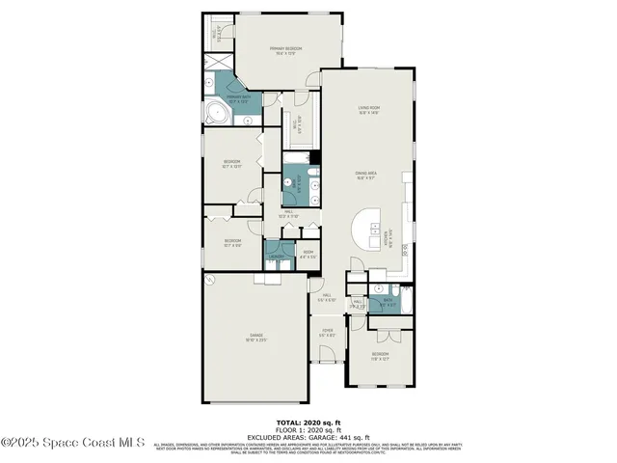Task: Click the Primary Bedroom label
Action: pos(286,47)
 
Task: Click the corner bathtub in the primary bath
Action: pos(217,116)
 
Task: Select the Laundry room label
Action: pos(278,256)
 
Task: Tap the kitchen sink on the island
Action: pos(371,228)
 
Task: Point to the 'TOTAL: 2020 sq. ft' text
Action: pos(309,422)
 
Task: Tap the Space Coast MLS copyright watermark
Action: pos(73,443)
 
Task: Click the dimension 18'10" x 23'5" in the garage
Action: pos(255,340)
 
